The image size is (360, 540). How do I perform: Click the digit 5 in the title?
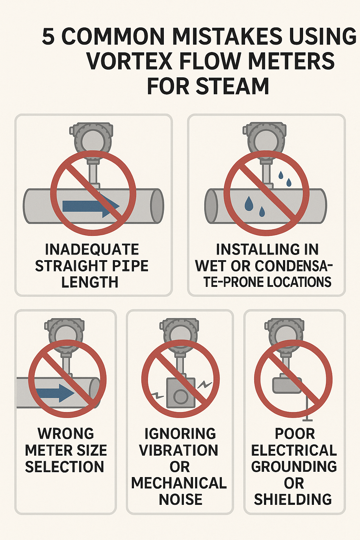click(x=48, y=37)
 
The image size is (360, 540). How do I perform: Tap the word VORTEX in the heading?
click(x=129, y=61)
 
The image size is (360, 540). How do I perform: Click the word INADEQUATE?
click(x=92, y=249)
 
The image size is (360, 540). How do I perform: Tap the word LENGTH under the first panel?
click(x=90, y=282)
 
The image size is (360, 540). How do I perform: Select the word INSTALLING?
click(x=251, y=249)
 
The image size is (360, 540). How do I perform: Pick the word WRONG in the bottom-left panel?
click(x=66, y=433)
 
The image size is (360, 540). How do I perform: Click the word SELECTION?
click(x=64, y=467)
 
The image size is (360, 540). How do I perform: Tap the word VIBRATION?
click(x=179, y=450)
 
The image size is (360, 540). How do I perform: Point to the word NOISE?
click(x=180, y=499)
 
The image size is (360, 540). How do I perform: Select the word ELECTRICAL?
click(x=294, y=450)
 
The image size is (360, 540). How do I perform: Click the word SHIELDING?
click(x=293, y=499)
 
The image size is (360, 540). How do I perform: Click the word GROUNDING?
click(x=294, y=467)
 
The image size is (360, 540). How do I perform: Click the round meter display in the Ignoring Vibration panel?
click(x=179, y=336)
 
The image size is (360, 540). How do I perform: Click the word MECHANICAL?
click(x=179, y=483)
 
